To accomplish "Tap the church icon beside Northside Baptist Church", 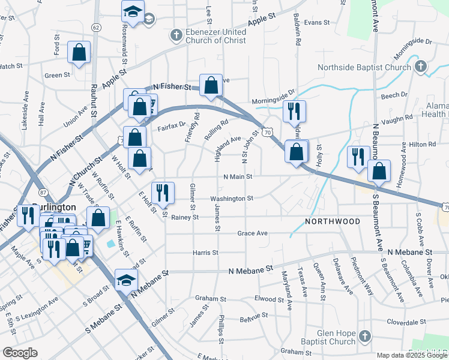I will point(420,66).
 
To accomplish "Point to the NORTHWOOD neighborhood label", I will point(333,221).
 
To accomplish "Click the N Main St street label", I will point(238,176).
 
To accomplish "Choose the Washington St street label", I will point(232,198).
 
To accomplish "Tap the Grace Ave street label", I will point(252,233).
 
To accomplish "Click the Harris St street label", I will point(205,253).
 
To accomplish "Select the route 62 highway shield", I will point(96,28).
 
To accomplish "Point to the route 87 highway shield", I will point(43,191).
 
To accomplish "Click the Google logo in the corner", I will point(20,352).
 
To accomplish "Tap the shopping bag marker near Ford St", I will point(79,53).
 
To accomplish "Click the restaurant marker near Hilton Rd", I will point(358,157).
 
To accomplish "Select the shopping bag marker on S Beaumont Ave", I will point(379,171).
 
